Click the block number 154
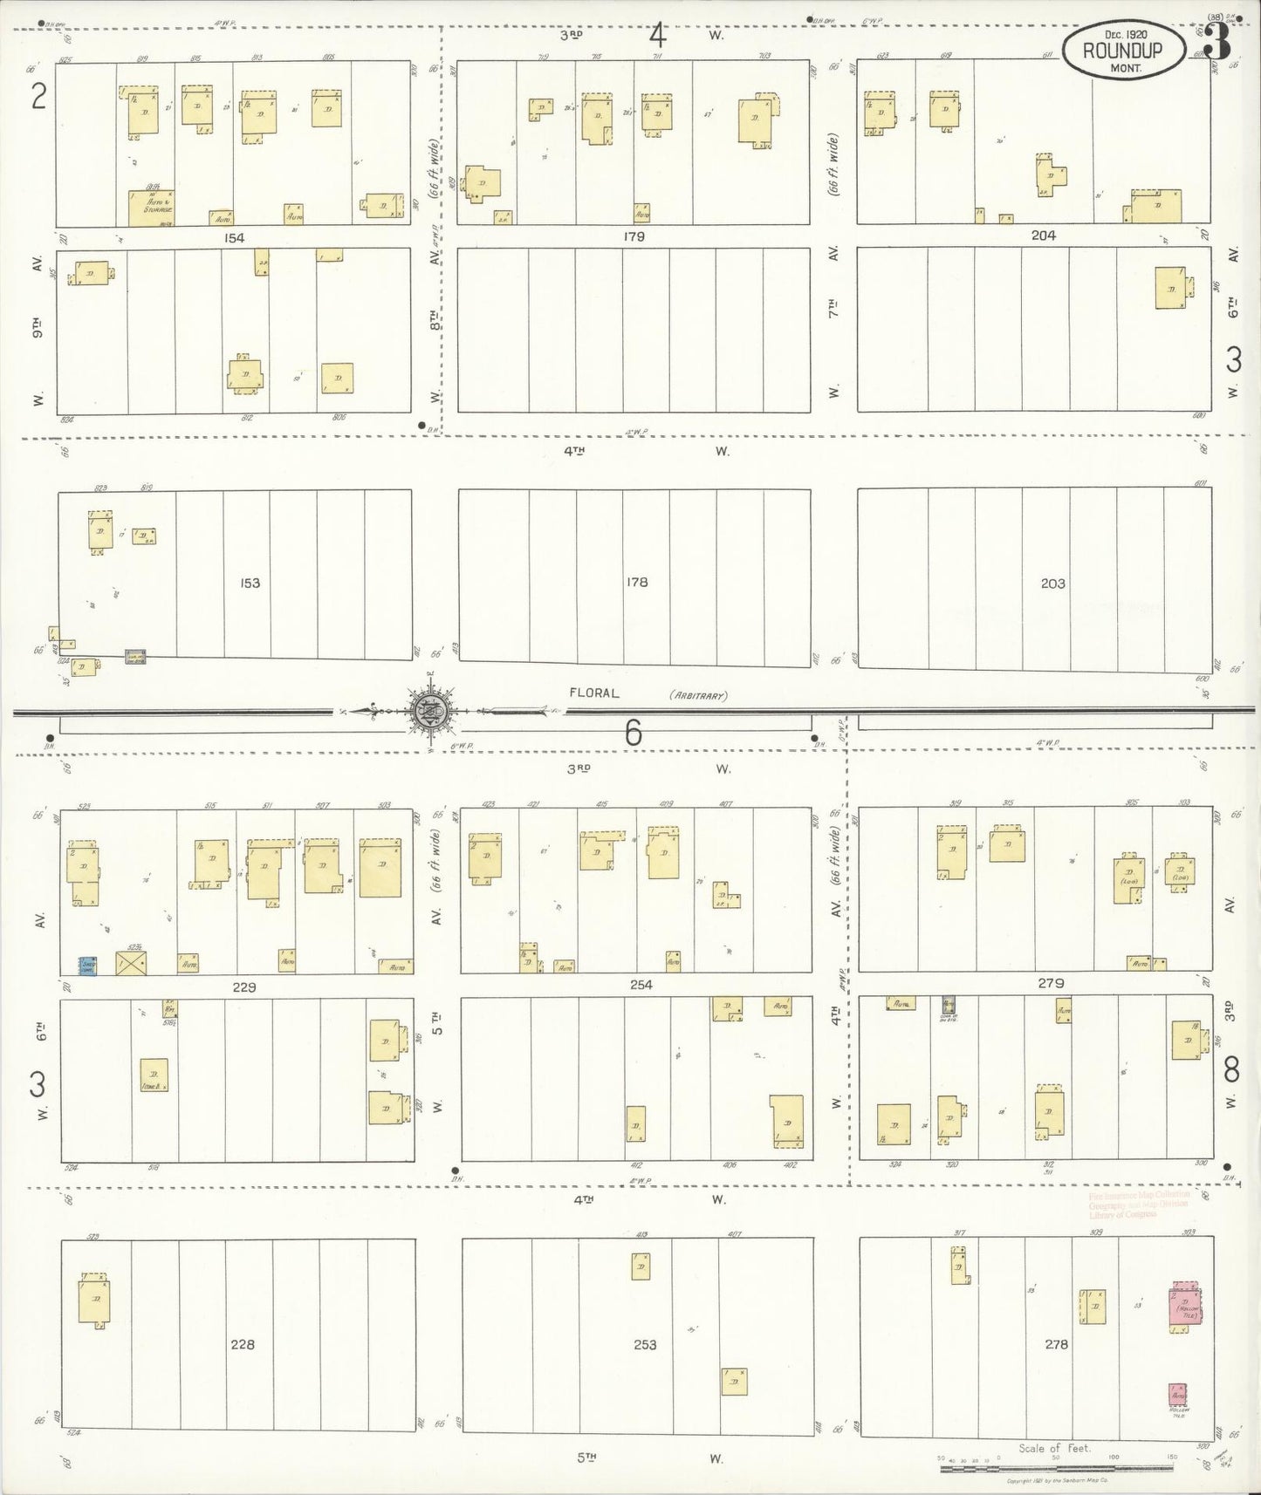click(234, 237)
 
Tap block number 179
click(634, 236)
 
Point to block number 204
click(1043, 235)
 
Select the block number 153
click(250, 582)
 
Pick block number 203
click(1052, 583)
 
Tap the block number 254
click(641, 985)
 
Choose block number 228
click(243, 1344)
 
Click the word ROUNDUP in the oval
click(1122, 50)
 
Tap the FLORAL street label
click(593, 693)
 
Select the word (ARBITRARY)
click(698, 695)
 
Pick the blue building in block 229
click(86, 966)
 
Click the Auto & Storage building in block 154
click(150, 208)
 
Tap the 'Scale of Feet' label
click(1054, 1448)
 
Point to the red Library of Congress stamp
click(1139, 1204)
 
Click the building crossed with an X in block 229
click(132, 963)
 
